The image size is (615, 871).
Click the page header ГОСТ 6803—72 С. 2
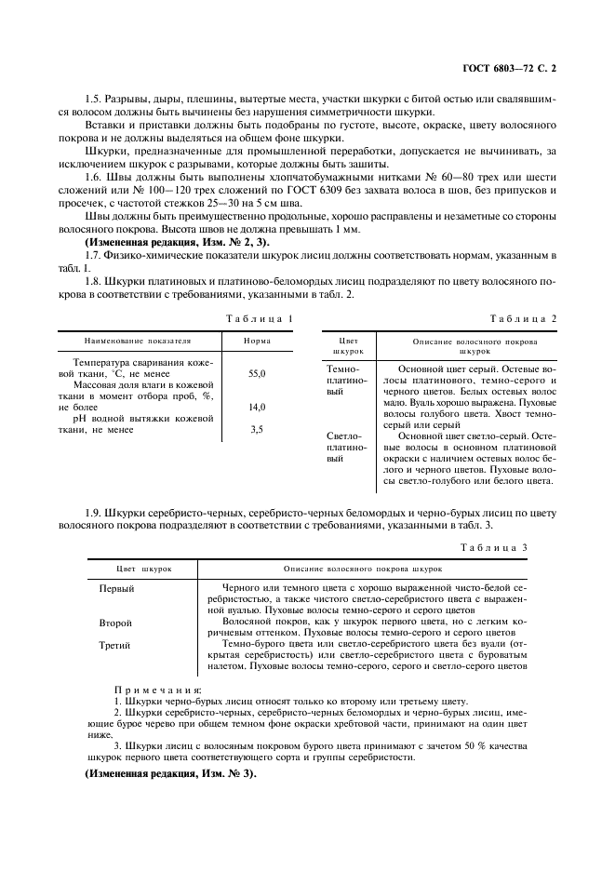coord(515,68)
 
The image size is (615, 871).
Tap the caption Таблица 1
coord(260,319)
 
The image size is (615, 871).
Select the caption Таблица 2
coord(524,319)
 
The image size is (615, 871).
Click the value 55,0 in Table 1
coord(257,373)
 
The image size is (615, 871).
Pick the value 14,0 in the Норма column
coord(257,408)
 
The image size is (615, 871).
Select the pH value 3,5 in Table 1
coord(257,430)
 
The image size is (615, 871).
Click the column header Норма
coord(257,342)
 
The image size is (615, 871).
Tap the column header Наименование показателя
coord(137,342)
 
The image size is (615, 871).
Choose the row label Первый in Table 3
coord(117,589)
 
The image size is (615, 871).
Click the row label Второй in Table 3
coord(116,623)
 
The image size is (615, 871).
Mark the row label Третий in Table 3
coord(116,645)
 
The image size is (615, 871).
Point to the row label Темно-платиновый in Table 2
coord(343,381)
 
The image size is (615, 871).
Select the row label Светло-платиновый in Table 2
coord(344,447)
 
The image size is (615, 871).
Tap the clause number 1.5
coord(94,99)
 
